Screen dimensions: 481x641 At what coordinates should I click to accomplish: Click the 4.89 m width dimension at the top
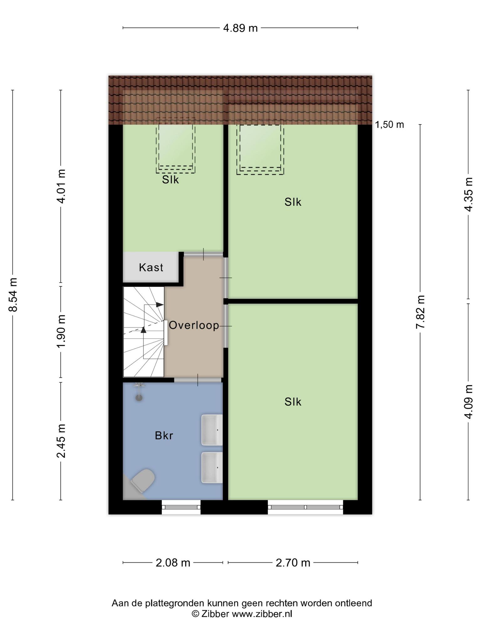pos(240,28)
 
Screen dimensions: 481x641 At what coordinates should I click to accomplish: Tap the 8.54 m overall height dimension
pos(13,295)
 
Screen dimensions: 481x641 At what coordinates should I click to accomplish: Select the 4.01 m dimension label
pos(61,186)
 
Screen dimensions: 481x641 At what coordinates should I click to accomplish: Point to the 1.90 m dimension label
pos(61,331)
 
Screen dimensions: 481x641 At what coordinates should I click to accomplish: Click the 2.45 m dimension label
pos(61,441)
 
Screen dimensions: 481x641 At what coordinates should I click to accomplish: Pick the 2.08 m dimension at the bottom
pos(173,563)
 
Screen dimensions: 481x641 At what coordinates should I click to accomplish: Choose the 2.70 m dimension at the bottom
pos(293,563)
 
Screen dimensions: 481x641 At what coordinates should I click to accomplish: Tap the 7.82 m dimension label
pos(420,312)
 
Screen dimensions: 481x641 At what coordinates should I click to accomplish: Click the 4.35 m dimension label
pos(468,194)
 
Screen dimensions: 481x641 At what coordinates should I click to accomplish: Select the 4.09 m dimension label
pos(468,402)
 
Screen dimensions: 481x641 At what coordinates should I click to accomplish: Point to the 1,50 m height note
pos(390,125)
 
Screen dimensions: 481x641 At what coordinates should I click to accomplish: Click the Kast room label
pos(151,268)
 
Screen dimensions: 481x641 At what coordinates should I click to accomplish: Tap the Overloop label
pos(194,326)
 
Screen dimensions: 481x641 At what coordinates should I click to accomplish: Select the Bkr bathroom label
pos(164,436)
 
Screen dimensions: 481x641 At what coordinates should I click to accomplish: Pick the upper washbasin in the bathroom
pos(212,430)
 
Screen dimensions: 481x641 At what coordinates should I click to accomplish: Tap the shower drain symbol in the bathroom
pos(139,398)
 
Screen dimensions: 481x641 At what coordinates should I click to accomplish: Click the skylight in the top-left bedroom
pos(176,146)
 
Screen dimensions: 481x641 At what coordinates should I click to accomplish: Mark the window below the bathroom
pos(181,507)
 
